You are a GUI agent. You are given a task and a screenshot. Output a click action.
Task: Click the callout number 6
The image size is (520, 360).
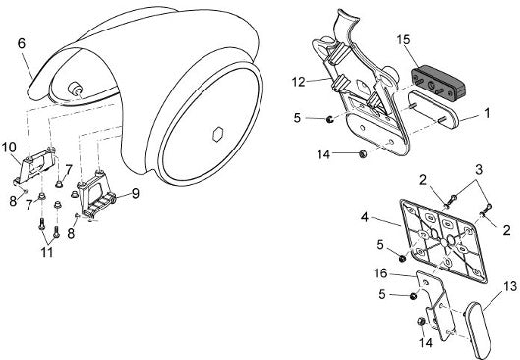click(x=22, y=43)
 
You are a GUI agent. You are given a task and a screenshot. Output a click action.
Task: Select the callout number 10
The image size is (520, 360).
click(x=9, y=147)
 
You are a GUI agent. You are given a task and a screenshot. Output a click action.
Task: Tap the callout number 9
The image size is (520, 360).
click(x=135, y=193)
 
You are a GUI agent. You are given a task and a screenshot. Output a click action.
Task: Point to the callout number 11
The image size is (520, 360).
click(x=47, y=252)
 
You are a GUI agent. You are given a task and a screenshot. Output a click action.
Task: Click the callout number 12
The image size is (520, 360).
click(x=299, y=82)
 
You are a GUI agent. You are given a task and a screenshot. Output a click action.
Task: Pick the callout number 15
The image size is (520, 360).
click(x=403, y=39)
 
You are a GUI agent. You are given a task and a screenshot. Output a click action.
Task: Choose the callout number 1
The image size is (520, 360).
click(x=487, y=114)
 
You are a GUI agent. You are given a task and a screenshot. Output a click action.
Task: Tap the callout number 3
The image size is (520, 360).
click(x=479, y=170)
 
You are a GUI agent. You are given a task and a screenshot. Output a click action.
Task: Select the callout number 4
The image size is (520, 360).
click(x=365, y=218)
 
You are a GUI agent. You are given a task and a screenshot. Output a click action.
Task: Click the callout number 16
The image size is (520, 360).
click(x=380, y=273)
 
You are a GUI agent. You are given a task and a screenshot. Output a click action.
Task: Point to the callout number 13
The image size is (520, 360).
click(x=510, y=286)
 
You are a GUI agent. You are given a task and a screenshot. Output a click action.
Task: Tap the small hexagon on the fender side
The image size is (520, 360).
click(x=218, y=134)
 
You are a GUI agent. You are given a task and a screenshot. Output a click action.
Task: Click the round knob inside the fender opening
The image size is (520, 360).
click(x=75, y=89)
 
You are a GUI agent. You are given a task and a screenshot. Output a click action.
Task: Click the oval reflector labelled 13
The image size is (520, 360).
click(x=477, y=329)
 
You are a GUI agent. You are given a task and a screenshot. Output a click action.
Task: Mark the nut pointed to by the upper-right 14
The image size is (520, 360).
click(x=363, y=153)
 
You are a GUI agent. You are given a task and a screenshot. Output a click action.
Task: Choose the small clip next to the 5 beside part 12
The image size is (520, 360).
click(x=329, y=119)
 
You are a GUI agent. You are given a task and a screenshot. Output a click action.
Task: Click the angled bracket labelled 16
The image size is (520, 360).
click(x=434, y=305)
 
